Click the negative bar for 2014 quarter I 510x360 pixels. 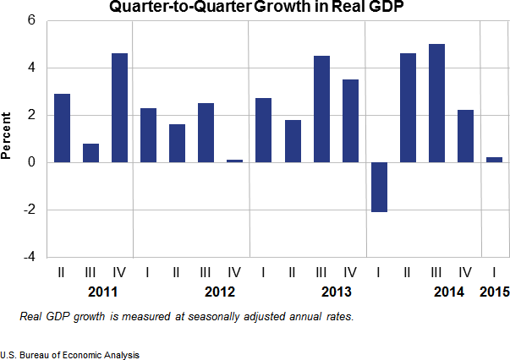(380, 187)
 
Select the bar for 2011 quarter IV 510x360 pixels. (120, 107)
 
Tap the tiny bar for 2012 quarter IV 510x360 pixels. (235, 161)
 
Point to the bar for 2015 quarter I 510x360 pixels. (495, 160)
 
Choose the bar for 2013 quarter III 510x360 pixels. (322, 108)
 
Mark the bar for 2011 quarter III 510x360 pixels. (90, 153)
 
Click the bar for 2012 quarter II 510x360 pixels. (178, 143)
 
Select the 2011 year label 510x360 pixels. (102, 292)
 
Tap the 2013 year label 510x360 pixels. (335, 292)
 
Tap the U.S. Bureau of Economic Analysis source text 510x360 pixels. (70, 354)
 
